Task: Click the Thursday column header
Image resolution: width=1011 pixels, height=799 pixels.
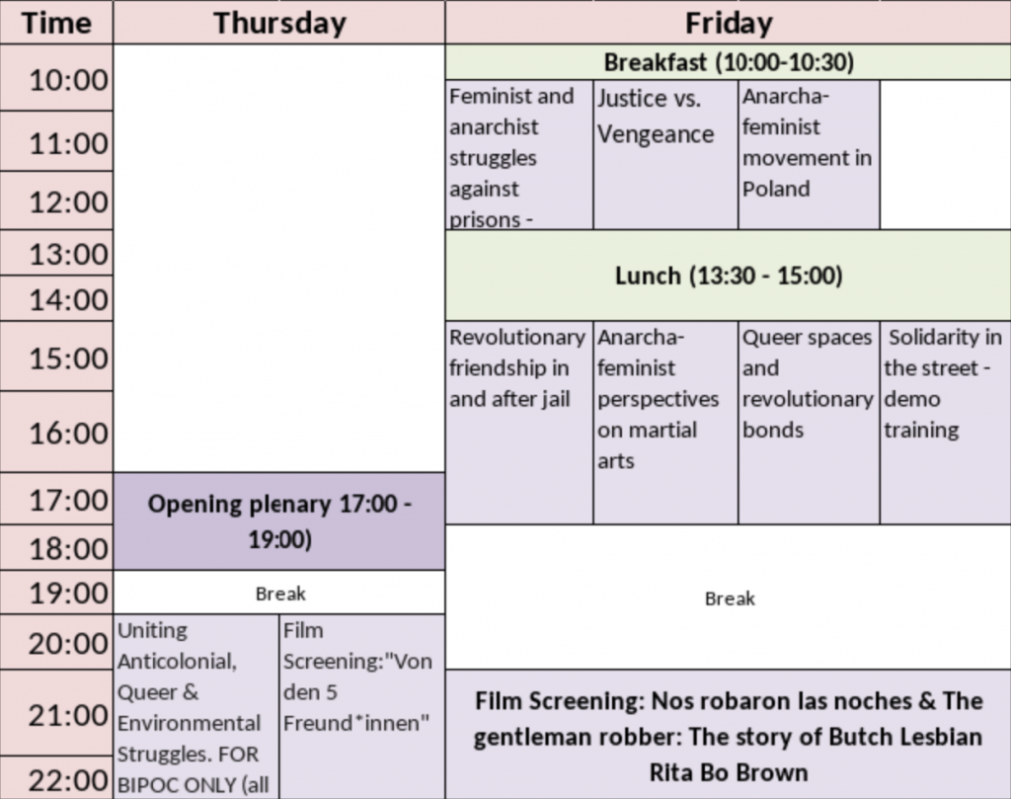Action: (x=279, y=23)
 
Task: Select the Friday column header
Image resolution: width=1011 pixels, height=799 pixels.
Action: (x=728, y=23)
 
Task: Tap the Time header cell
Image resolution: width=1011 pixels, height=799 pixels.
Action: (x=56, y=23)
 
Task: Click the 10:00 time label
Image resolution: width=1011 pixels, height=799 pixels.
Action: (x=68, y=80)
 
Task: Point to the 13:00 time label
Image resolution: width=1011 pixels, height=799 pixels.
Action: (x=68, y=254)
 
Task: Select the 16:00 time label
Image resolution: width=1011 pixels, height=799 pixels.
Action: (x=68, y=433)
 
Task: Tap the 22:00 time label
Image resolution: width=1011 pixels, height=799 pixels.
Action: (x=68, y=780)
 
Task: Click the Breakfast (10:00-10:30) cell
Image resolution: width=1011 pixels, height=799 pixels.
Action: (x=728, y=62)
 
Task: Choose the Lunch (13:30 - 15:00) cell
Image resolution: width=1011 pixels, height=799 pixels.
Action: (x=728, y=276)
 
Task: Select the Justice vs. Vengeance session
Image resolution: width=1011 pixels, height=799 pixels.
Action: (x=665, y=155)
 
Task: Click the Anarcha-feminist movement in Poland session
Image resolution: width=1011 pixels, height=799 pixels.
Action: (x=809, y=155)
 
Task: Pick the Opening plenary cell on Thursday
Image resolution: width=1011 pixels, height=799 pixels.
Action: (x=279, y=521)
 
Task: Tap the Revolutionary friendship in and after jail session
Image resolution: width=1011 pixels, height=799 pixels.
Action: (x=519, y=423)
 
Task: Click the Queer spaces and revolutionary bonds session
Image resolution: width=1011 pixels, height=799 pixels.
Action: (x=809, y=423)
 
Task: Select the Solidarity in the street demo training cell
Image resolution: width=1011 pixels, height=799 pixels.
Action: (x=945, y=423)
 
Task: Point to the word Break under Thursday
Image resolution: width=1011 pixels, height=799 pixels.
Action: (x=280, y=594)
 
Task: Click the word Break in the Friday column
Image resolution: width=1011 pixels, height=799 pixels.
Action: (x=730, y=599)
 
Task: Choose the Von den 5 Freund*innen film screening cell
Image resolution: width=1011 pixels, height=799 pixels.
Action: (x=362, y=707)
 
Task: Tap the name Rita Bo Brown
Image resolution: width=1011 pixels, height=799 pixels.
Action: (x=728, y=772)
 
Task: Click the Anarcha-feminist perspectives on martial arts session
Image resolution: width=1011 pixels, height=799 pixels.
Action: (x=665, y=423)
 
